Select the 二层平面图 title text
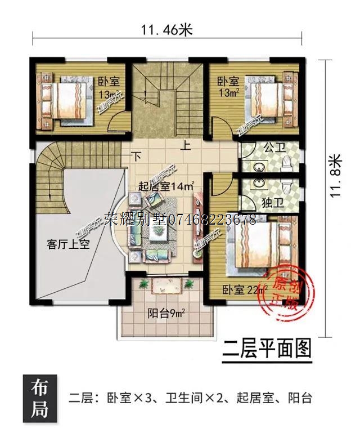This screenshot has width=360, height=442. point(267,348)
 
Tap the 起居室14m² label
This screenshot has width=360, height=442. point(166,186)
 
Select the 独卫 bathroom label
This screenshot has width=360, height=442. point(269,202)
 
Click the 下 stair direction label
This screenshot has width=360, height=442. point(136,155)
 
